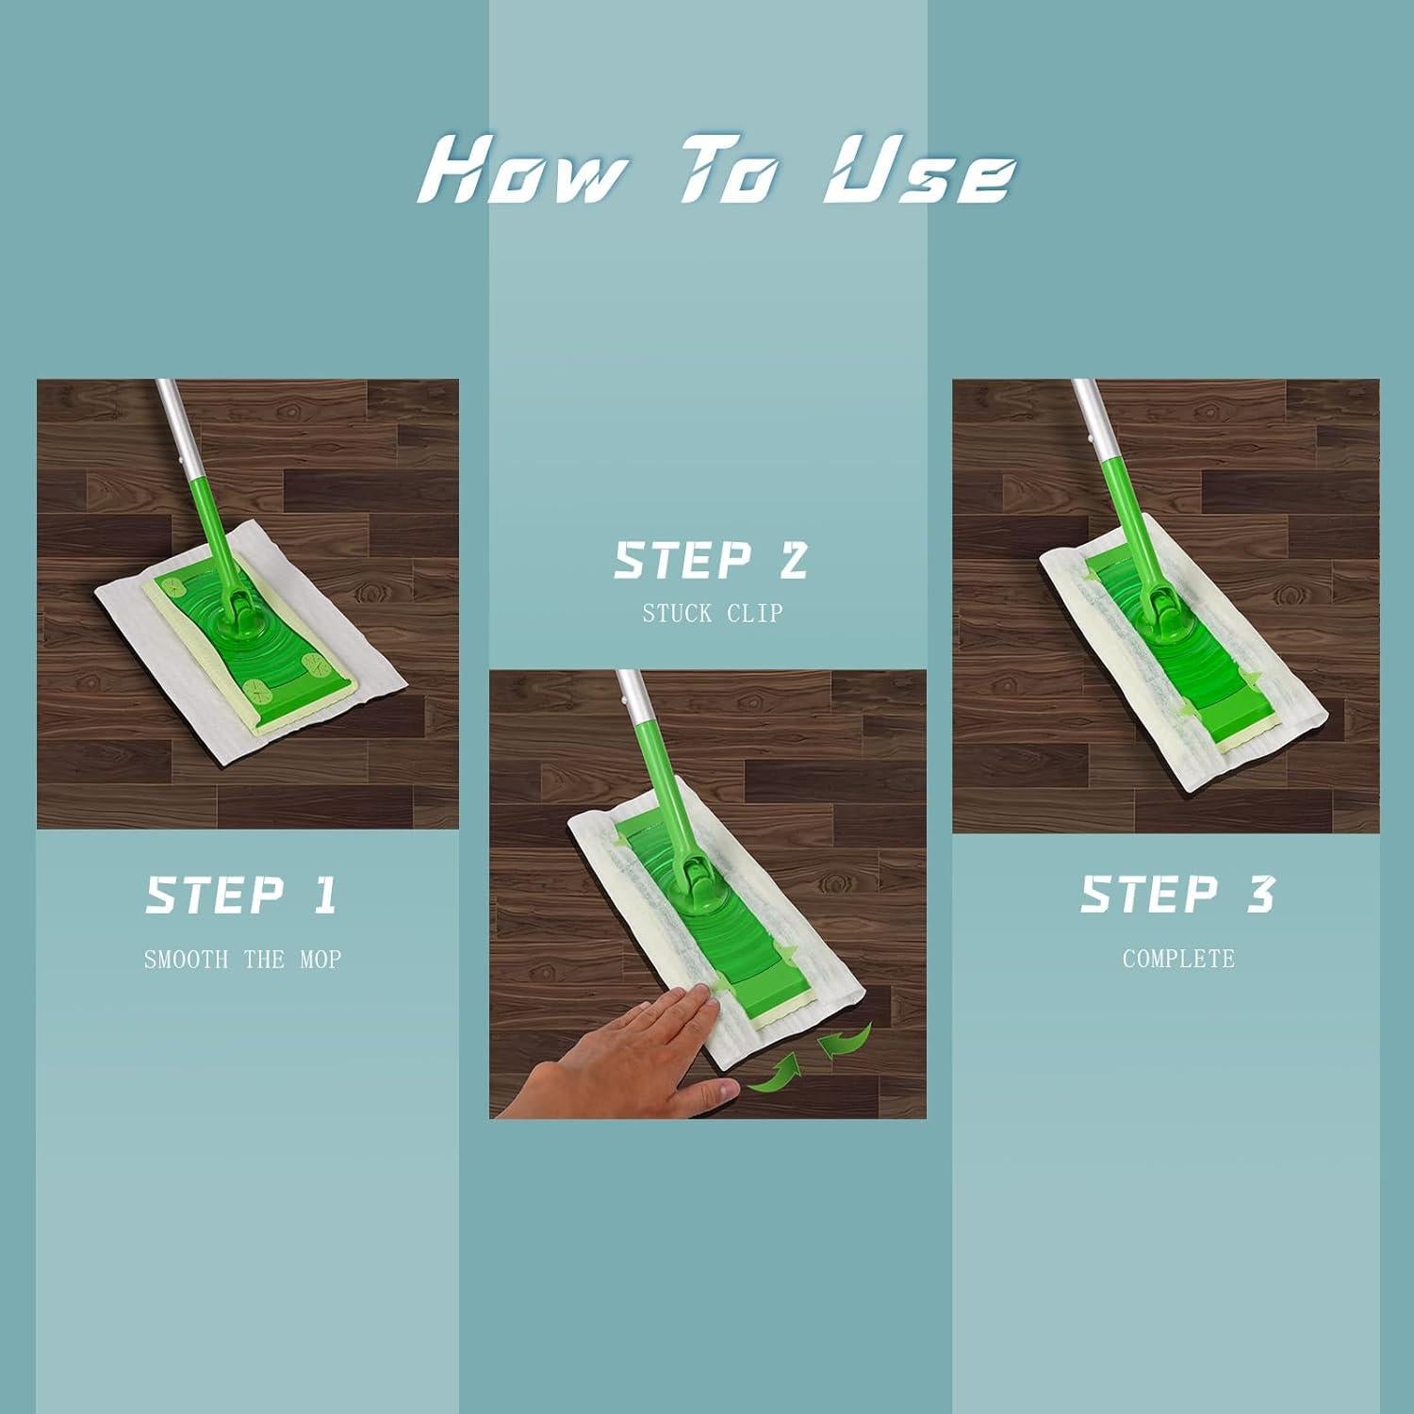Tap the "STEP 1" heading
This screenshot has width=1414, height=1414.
tap(242, 896)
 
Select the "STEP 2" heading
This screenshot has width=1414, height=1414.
tap(712, 560)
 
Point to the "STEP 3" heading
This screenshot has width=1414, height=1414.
tap(1177, 895)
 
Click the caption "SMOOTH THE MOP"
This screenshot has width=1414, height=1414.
tap(242, 960)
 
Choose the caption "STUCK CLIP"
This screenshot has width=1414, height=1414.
tap(713, 614)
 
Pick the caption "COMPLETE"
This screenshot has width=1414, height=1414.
tap(1178, 960)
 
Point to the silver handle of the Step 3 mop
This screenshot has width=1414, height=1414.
tap(1092, 417)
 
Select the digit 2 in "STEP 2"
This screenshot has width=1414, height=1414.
tap(793, 560)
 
